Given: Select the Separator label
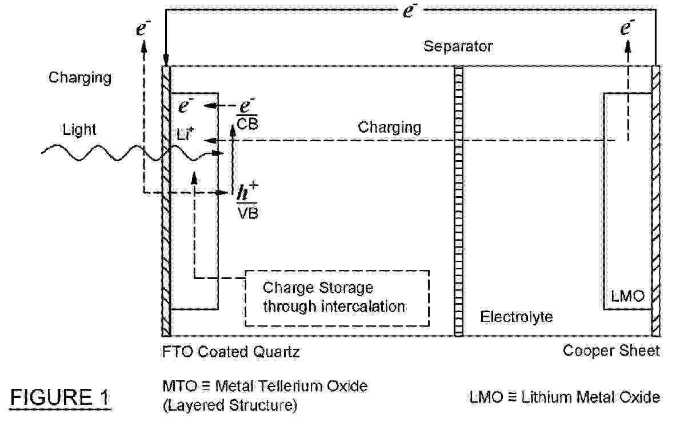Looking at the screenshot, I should click(458, 46).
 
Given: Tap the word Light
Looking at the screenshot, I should click(79, 130).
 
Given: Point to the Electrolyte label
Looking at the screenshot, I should click(517, 316).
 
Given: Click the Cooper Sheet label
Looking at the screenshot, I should click(611, 351).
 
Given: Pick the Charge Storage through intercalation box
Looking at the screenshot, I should click(337, 297).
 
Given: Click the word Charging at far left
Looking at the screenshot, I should click(79, 77).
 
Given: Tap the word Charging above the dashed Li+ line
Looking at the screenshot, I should click(390, 127).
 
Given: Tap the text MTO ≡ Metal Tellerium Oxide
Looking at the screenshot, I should click(264, 386).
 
